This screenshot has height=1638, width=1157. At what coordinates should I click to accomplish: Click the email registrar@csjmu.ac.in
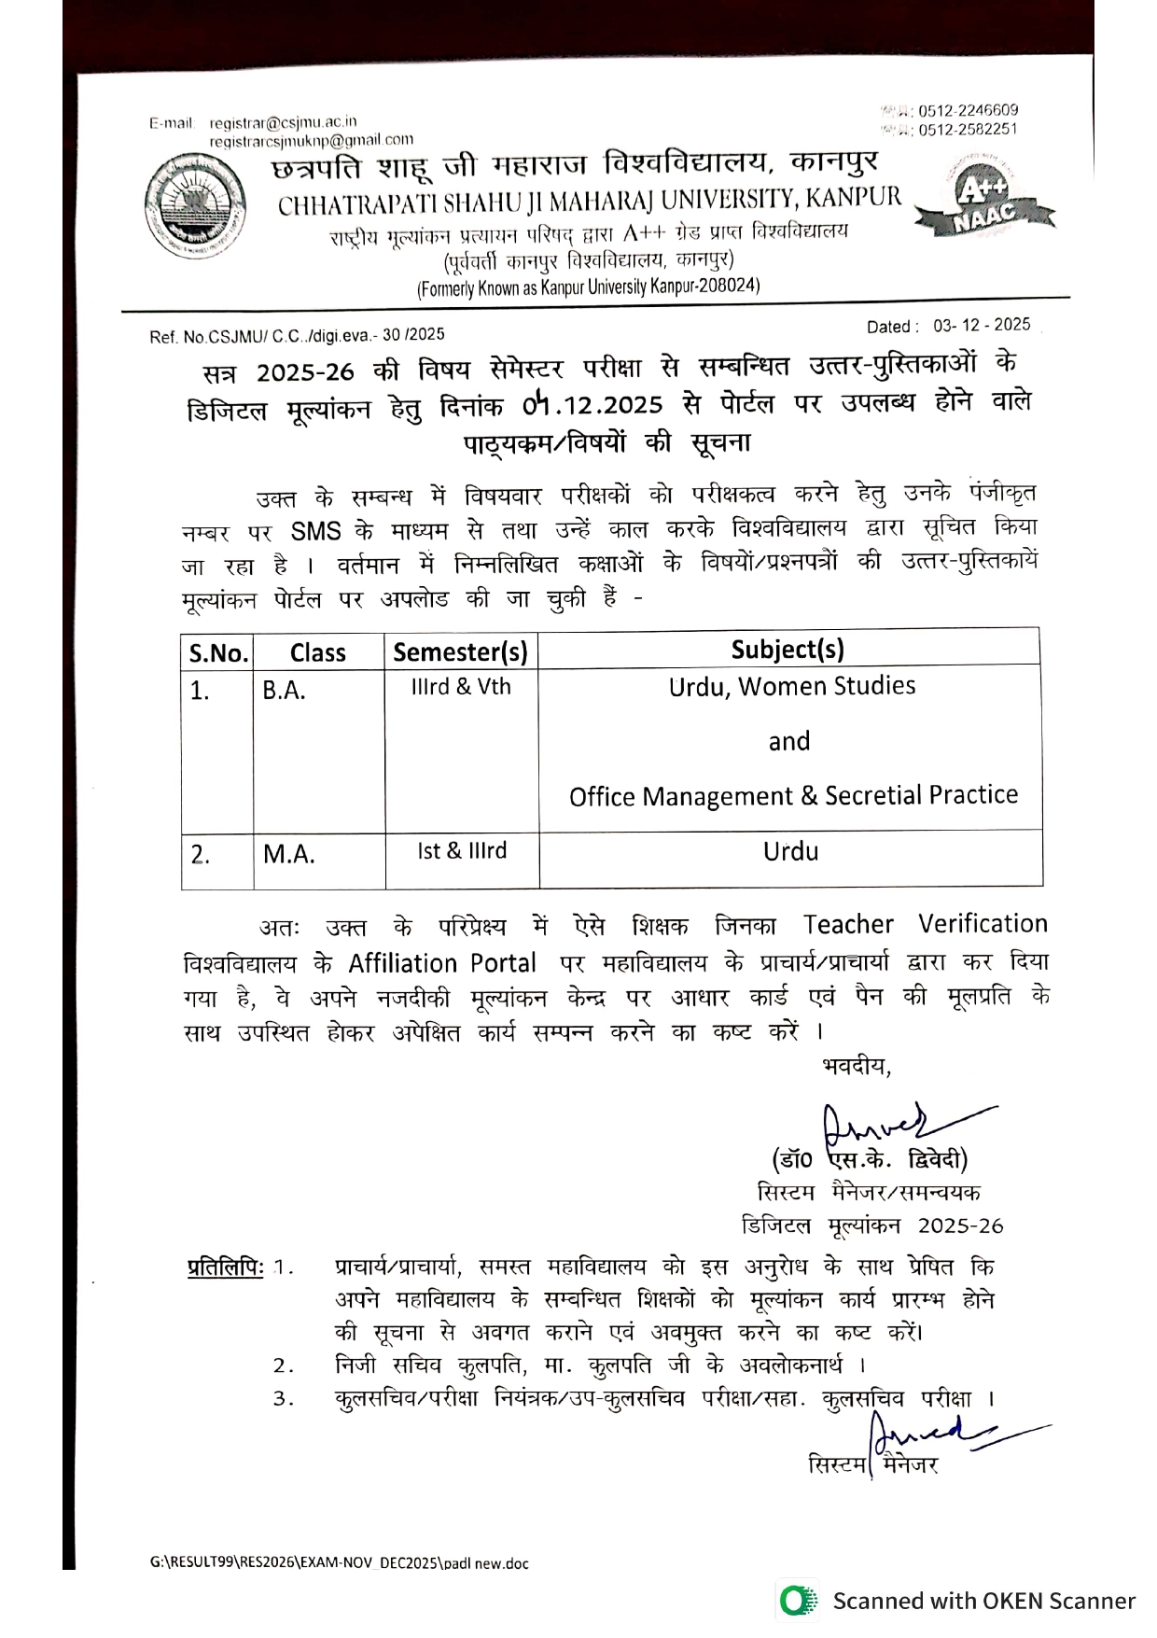pos(283,122)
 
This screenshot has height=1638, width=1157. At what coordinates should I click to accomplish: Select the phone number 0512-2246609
pos(968,110)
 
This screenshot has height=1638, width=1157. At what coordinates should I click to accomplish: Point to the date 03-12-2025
pos(982,325)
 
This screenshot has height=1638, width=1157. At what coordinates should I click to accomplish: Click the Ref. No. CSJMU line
pos(297,335)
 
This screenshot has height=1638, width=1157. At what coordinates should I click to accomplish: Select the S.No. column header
pos(218,652)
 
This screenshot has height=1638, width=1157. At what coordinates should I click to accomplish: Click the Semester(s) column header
pos(460,651)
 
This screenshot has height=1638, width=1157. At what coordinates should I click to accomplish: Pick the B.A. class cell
pos(284,691)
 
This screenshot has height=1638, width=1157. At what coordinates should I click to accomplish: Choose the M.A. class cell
pos(288,854)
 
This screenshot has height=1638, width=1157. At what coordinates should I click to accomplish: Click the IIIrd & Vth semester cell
pos(461,687)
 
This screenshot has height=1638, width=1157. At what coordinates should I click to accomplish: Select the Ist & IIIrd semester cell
pos(462,851)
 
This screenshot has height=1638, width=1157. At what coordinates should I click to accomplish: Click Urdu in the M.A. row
pos(790,851)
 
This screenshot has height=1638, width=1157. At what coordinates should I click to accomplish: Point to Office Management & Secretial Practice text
pos(793,795)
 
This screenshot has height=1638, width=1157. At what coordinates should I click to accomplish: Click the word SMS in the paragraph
pos(315,532)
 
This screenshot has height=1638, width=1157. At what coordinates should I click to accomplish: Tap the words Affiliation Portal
pos(442,963)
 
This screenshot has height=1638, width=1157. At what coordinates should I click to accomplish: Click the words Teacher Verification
pos(925,924)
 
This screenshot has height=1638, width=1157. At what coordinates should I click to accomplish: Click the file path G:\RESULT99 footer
pos(339,1563)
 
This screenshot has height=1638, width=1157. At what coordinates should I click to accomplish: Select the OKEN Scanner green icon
pos(796,1601)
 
